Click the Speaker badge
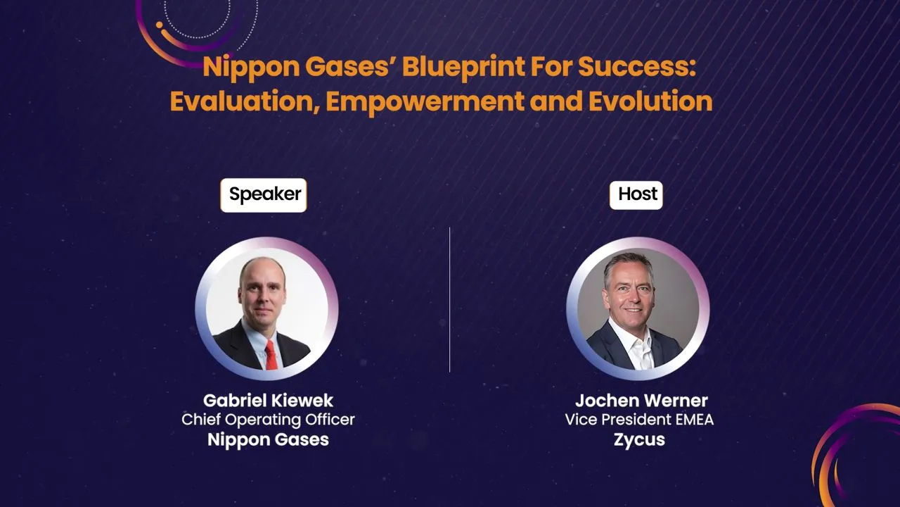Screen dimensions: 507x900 tap(264, 194)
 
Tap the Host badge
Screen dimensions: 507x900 tap(636, 194)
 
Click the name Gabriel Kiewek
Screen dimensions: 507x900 tap(268, 401)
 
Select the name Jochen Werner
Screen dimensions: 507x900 tap(641, 401)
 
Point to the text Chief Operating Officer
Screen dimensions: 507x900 tap(268, 420)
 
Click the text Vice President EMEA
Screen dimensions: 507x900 tap(639, 420)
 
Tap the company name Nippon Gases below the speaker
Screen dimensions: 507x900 tap(268, 440)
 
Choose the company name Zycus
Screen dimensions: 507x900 tap(639, 440)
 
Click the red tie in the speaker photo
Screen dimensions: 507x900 tap(271, 354)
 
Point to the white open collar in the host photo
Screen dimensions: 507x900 tap(638, 345)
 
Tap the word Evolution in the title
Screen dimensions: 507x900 tap(650, 101)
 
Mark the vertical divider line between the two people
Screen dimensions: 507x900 tap(449, 299)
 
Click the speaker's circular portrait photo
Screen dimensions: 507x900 tap(266, 308)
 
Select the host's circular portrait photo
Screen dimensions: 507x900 tap(638, 308)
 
